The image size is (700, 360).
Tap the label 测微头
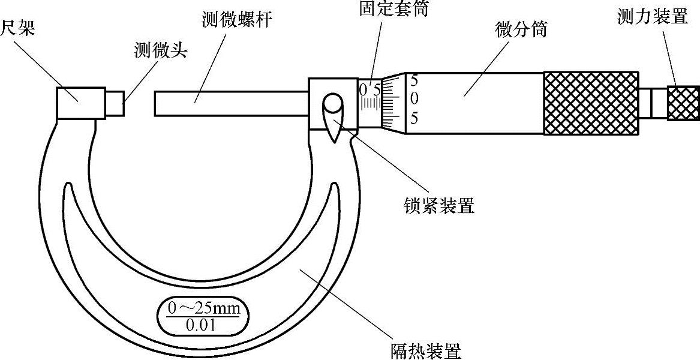coord(161,50)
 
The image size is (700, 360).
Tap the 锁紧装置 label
coord(439,206)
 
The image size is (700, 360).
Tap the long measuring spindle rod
coord(231,103)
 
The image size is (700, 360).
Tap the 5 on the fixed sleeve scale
coord(376,90)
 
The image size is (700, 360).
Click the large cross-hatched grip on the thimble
coord(591,103)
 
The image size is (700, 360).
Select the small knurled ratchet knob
coord(683,103)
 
